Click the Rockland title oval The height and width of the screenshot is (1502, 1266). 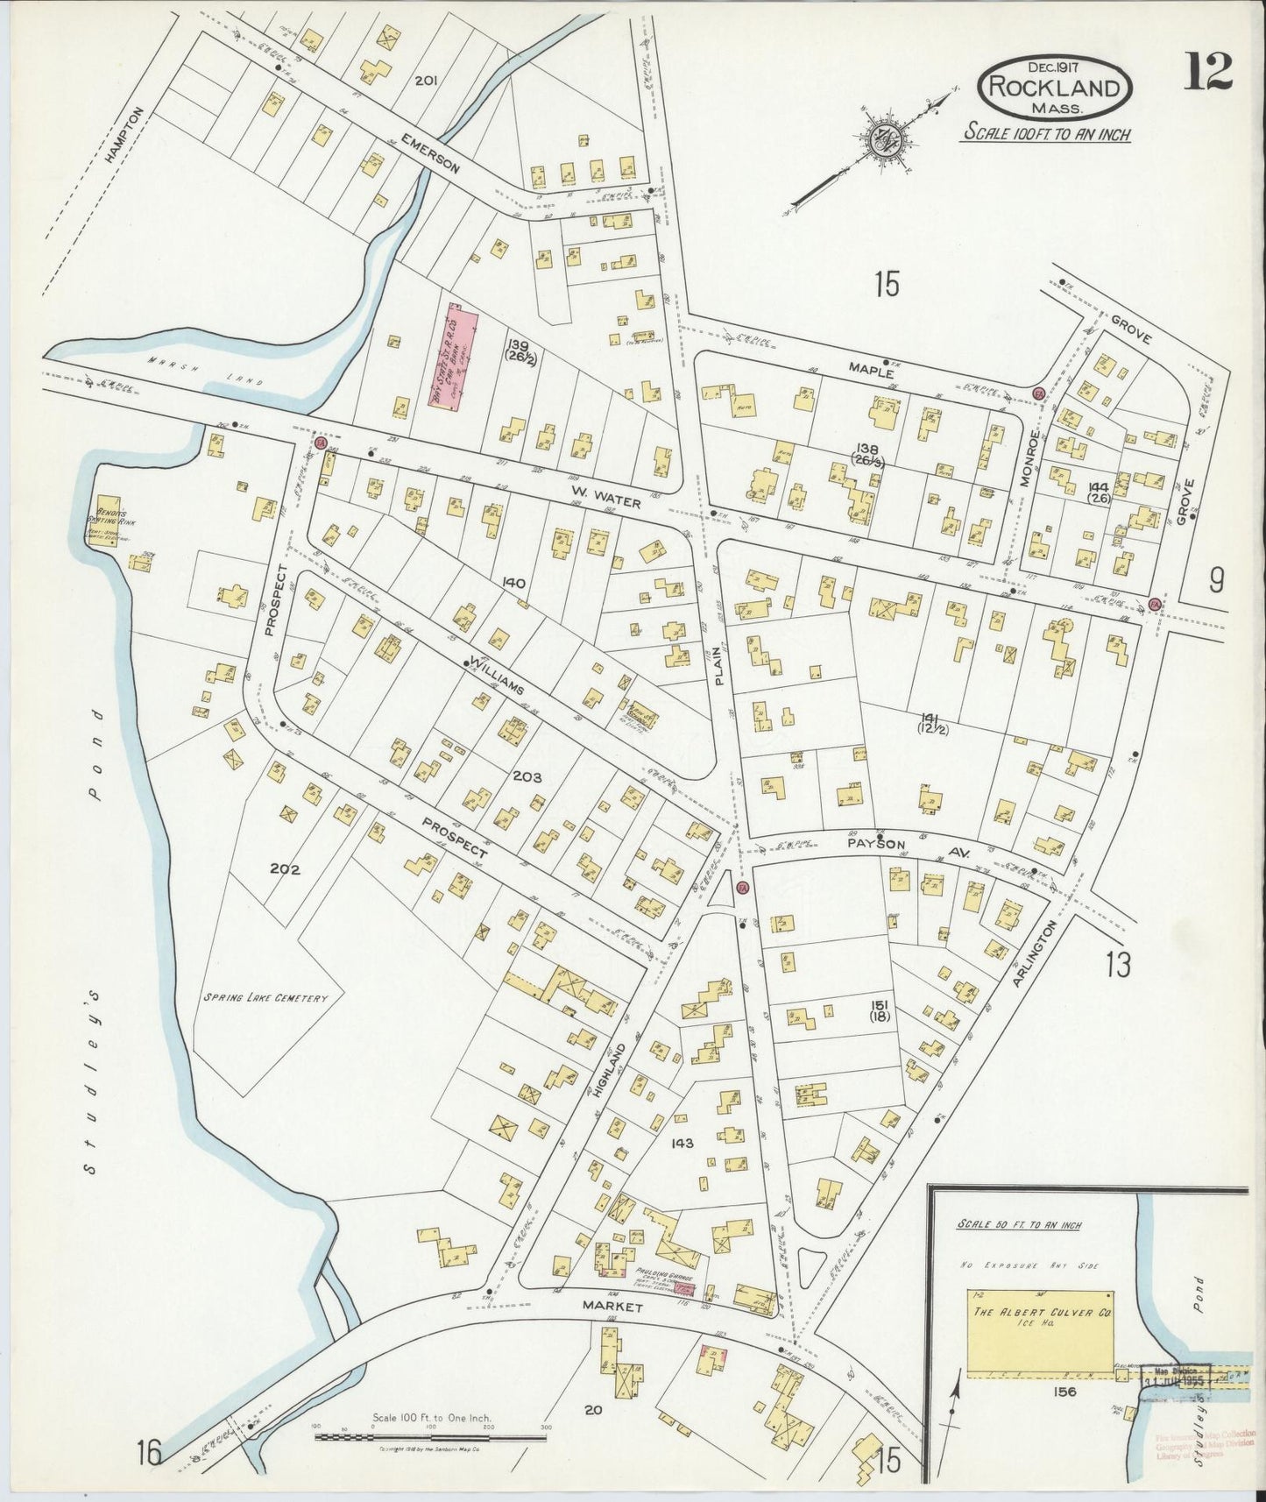[1055, 87]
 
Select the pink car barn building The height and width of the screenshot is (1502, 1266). [455, 355]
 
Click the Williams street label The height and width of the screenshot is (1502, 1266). [497, 676]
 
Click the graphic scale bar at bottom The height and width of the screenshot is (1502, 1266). [429, 1437]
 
